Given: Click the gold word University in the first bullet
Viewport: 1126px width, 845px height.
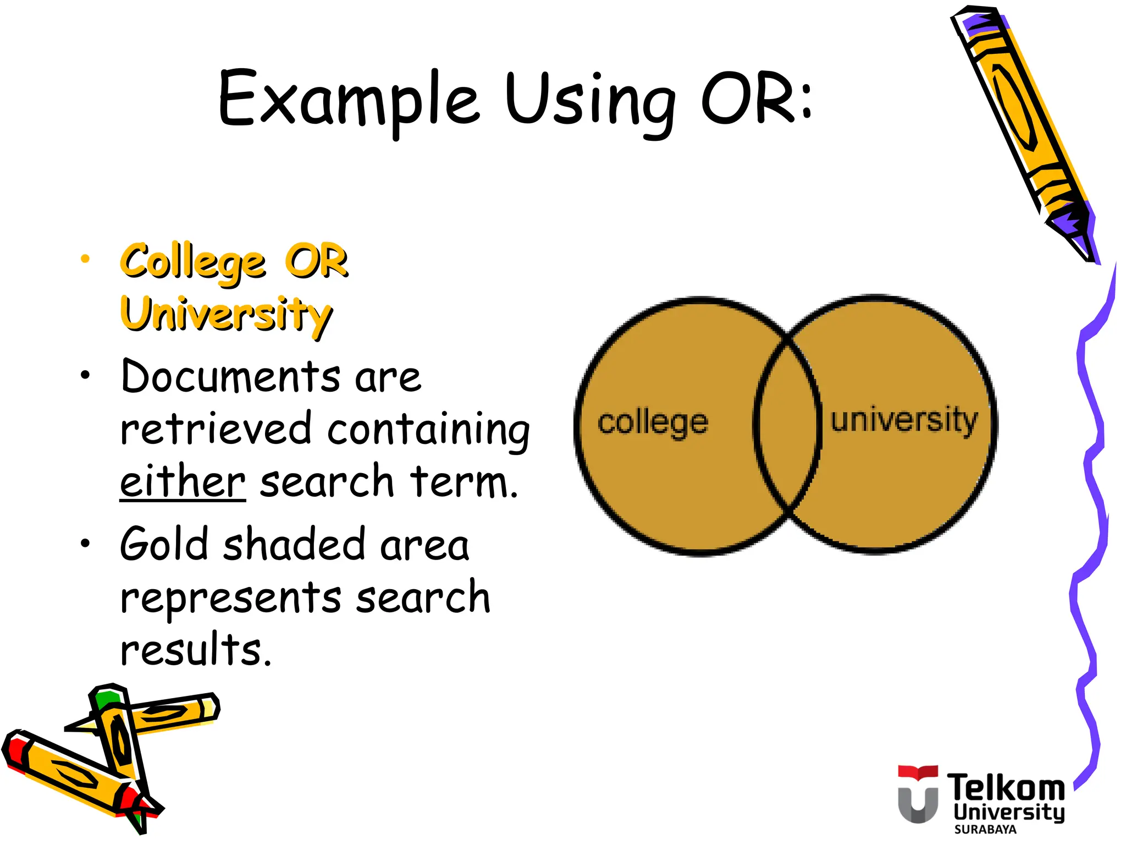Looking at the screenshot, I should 226,314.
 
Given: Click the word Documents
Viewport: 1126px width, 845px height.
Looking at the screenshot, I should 230,377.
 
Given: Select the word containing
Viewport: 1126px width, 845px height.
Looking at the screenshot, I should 428,431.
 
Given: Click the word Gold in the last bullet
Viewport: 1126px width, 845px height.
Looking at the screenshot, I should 164,545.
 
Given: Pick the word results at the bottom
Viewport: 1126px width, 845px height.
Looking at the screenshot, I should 195,650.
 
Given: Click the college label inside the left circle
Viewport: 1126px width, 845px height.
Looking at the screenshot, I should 653,422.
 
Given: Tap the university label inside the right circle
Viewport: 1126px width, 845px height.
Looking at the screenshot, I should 904,420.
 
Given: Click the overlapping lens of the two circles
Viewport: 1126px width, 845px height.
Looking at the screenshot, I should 787,424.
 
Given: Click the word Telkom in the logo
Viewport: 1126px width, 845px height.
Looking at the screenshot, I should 1006,787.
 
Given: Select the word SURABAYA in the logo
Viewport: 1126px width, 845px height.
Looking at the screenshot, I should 985,829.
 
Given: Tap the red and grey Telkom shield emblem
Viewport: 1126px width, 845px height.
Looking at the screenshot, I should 918,793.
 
